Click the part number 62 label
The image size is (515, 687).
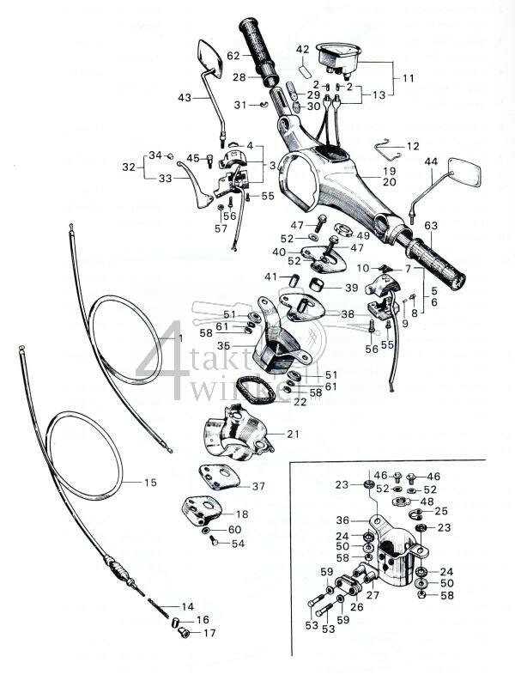point(233,56)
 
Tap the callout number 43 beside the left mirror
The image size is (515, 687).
point(185,98)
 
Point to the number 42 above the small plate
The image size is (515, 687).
point(302,49)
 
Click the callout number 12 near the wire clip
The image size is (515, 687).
point(414,147)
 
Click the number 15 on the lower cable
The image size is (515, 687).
point(150,483)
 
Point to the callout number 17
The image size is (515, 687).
point(209,633)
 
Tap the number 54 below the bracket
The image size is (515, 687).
point(238,544)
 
